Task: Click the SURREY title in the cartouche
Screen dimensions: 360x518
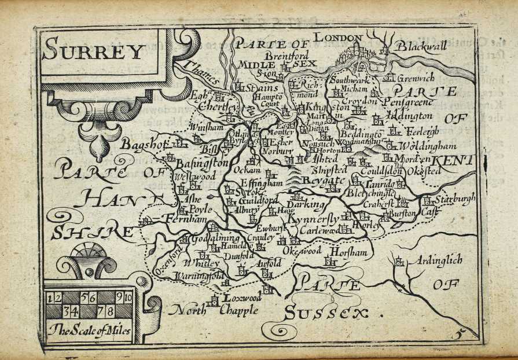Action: (x=93, y=52)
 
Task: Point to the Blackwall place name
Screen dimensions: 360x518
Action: (x=421, y=46)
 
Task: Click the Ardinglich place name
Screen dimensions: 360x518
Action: (x=434, y=261)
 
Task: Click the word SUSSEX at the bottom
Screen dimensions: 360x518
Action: (x=326, y=313)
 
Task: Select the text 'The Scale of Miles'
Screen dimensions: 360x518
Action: (x=90, y=332)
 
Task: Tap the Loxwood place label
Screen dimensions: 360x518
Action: (x=242, y=299)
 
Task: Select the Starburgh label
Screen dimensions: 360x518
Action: (x=455, y=199)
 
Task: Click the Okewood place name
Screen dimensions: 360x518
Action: (x=302, y=251)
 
